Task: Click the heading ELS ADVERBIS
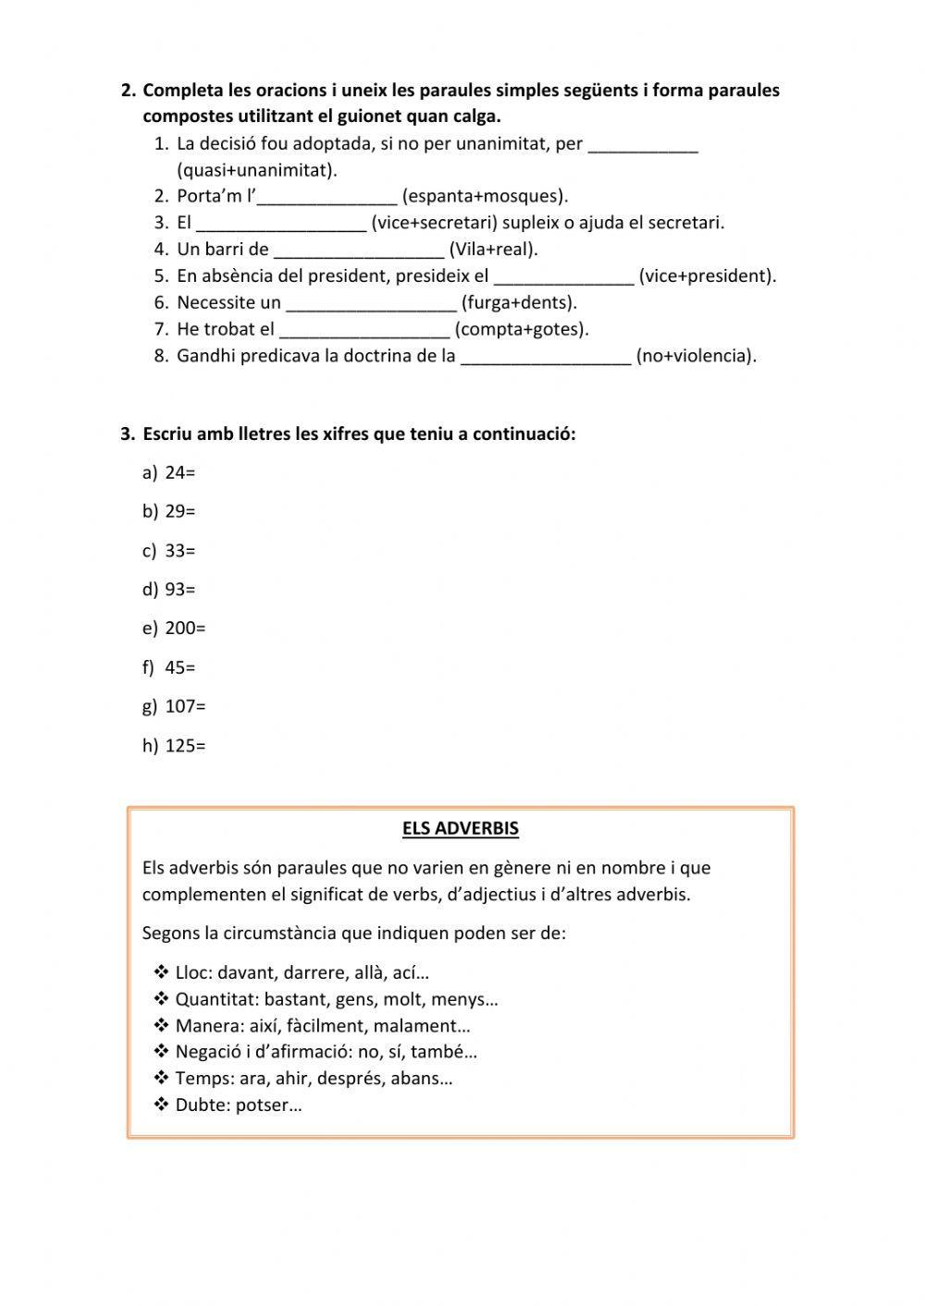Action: (x=460, y=828)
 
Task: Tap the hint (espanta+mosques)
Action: (x=485, y=196)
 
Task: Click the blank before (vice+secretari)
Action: (x=282, y=223)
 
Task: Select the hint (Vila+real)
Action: (x=493, y=250)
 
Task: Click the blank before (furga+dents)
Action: (x=371, y=303)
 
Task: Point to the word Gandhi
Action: (x=206, y=356)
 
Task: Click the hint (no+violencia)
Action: (x=696, y=356)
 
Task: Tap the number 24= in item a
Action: (x=180, y=472)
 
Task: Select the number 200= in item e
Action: (x=185, y=629)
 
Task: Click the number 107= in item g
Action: (x=185, y=706)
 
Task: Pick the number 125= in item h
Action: (x=185, y=746)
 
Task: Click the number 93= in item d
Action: (x=180, y=590)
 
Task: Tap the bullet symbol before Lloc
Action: (x=160, y=972)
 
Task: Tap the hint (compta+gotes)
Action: (x=522, y=330)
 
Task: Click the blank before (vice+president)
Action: (x=564, y=276)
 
